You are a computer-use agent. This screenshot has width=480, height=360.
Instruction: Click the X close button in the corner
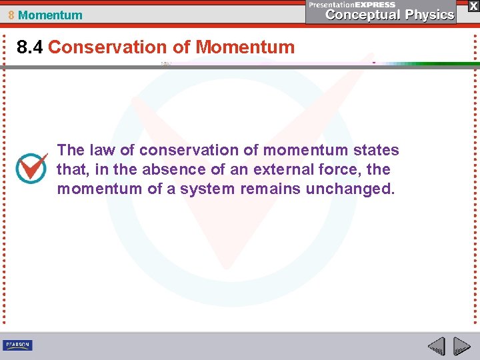[x=473, y=5]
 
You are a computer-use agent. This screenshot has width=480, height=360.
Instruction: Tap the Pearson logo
[x=17, y=345]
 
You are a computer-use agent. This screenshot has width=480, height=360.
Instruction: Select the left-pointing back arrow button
[x=436, y=346]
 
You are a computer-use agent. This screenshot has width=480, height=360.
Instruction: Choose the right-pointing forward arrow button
[x=462, y=346]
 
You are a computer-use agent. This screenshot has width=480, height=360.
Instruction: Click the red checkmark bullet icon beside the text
[x=31, y=169]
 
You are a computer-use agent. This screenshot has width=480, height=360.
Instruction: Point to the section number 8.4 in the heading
[x=31, y=47]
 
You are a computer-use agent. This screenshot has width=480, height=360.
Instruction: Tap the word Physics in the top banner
[x=427, y=15]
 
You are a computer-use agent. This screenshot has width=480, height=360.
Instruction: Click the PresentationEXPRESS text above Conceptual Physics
[x=352, y=4]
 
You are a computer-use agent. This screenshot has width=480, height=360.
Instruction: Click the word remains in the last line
[x=270, y=189]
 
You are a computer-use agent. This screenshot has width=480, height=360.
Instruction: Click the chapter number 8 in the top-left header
[x=11, y=15]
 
